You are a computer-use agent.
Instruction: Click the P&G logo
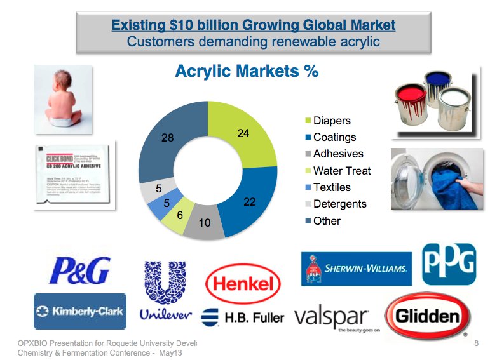(x=79, y=269)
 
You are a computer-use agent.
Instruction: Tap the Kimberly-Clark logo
(x=79, y=311)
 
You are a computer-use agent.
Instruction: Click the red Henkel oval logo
(x=243, y=284)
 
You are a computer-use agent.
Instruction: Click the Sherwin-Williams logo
(x=356, y=269)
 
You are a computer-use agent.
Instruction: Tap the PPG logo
(x=449, y=262)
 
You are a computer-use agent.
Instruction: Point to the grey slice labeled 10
(x=204, y=223)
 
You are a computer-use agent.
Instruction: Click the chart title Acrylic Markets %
(x=247, y=70)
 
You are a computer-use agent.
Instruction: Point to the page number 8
(x=476, y=343)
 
